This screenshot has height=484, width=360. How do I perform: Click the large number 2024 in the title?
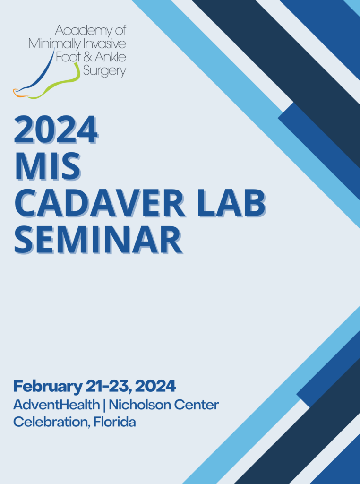click(x=56, y=130)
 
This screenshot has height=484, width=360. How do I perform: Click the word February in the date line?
click(x=48, y=387)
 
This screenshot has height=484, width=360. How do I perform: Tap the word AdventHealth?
click(x=56, y=405)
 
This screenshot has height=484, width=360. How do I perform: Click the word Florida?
click(x=114, y=422)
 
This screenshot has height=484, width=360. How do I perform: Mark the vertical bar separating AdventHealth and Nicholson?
click(x=104, y=405)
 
